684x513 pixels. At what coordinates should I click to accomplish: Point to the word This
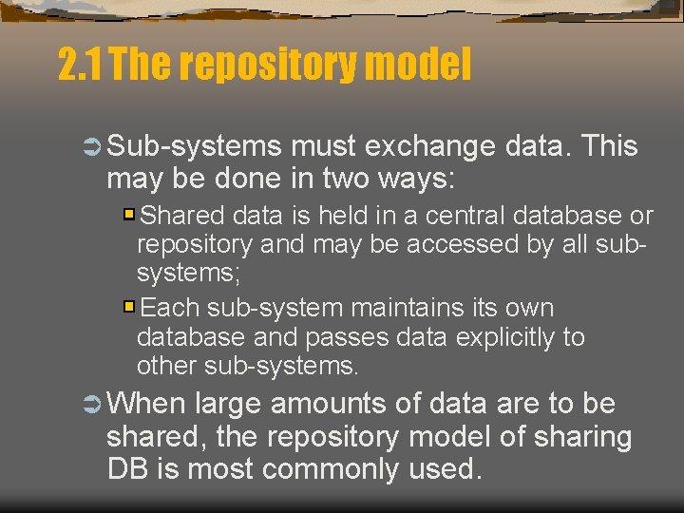(609, 147)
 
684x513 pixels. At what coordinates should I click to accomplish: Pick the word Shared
(186, 216)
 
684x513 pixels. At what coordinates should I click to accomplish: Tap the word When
(146, 405)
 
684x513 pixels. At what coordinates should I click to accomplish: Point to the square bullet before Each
(129, 307)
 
